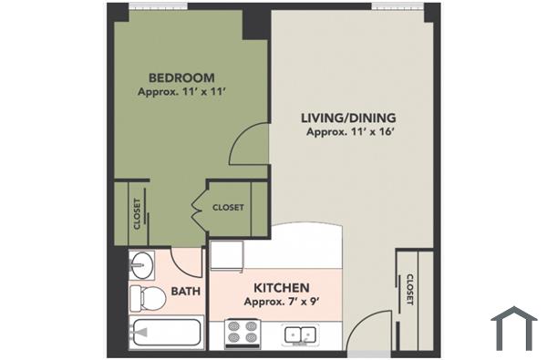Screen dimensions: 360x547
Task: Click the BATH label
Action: coord(185,292)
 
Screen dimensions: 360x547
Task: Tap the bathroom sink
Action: coord(141,265)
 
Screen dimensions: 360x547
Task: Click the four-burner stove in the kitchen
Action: coord(243,334)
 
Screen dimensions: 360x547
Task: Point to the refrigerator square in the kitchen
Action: coord(227,255)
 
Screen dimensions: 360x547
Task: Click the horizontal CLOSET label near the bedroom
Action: coord(228,208)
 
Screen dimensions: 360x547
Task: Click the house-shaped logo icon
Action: coord(513,328)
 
